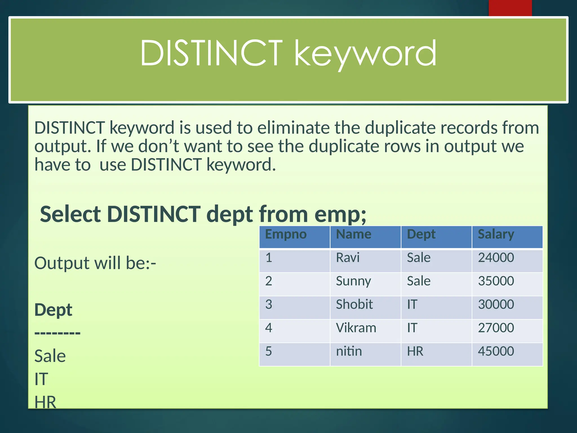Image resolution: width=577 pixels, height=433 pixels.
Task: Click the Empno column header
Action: click(x=286, y=235)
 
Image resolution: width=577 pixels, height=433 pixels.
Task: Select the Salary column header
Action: click(x=496, y=235)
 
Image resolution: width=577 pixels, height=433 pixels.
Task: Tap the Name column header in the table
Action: click(x=354, y=235)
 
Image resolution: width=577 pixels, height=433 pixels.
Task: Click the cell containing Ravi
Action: click(x=348, y=258)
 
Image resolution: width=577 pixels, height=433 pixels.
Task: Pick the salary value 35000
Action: click(x=496, y=281)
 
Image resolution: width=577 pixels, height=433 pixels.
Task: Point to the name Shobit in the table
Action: click(x=354, y=304)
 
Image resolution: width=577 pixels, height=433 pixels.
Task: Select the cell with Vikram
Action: click(x=356, y=328)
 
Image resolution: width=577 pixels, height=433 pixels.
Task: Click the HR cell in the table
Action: click(x=415, y=351)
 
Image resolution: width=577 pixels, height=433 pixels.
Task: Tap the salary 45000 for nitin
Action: click(x=496, y=351)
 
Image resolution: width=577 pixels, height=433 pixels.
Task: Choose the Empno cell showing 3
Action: click(x=268, y=304)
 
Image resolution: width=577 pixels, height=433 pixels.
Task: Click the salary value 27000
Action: click(x=496, y=328)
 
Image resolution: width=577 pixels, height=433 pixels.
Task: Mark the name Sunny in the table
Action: click(x=353, y=281)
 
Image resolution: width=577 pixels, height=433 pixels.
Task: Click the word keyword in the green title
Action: click(x=365, y=54)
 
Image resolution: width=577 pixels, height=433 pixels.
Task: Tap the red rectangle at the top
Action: click(x=510, y=8)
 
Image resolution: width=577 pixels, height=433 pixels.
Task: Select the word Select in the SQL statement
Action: click(x=70, y=214)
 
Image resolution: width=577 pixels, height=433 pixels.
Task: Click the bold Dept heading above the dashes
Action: click(x=53, y=310)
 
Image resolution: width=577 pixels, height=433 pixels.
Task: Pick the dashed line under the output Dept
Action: click(x=57, y=333)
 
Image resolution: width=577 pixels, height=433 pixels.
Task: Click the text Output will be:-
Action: click(x=95, y=263)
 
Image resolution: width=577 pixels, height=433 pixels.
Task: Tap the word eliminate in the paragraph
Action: click(x=293, y=128)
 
